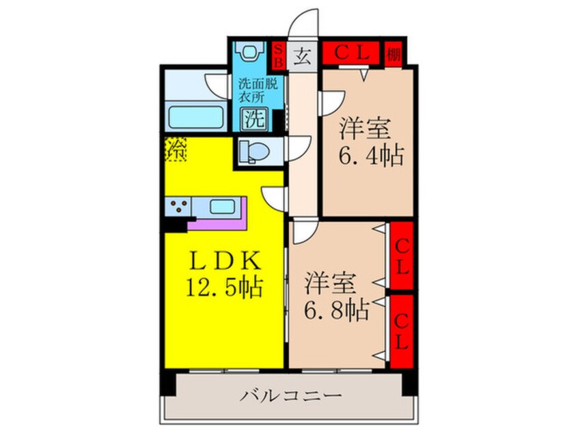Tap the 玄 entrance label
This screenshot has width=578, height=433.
tap(301, 55)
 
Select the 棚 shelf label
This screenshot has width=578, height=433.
tap(394, 53)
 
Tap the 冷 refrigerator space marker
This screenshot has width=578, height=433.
tap(176, 150)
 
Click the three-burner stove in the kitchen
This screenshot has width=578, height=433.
tap(178, 207)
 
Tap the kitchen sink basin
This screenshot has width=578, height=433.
tap(223, 206)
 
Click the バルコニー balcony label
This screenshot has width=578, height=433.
tap(290, 395)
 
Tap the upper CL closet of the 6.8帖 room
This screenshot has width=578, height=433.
tap(401, 255)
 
